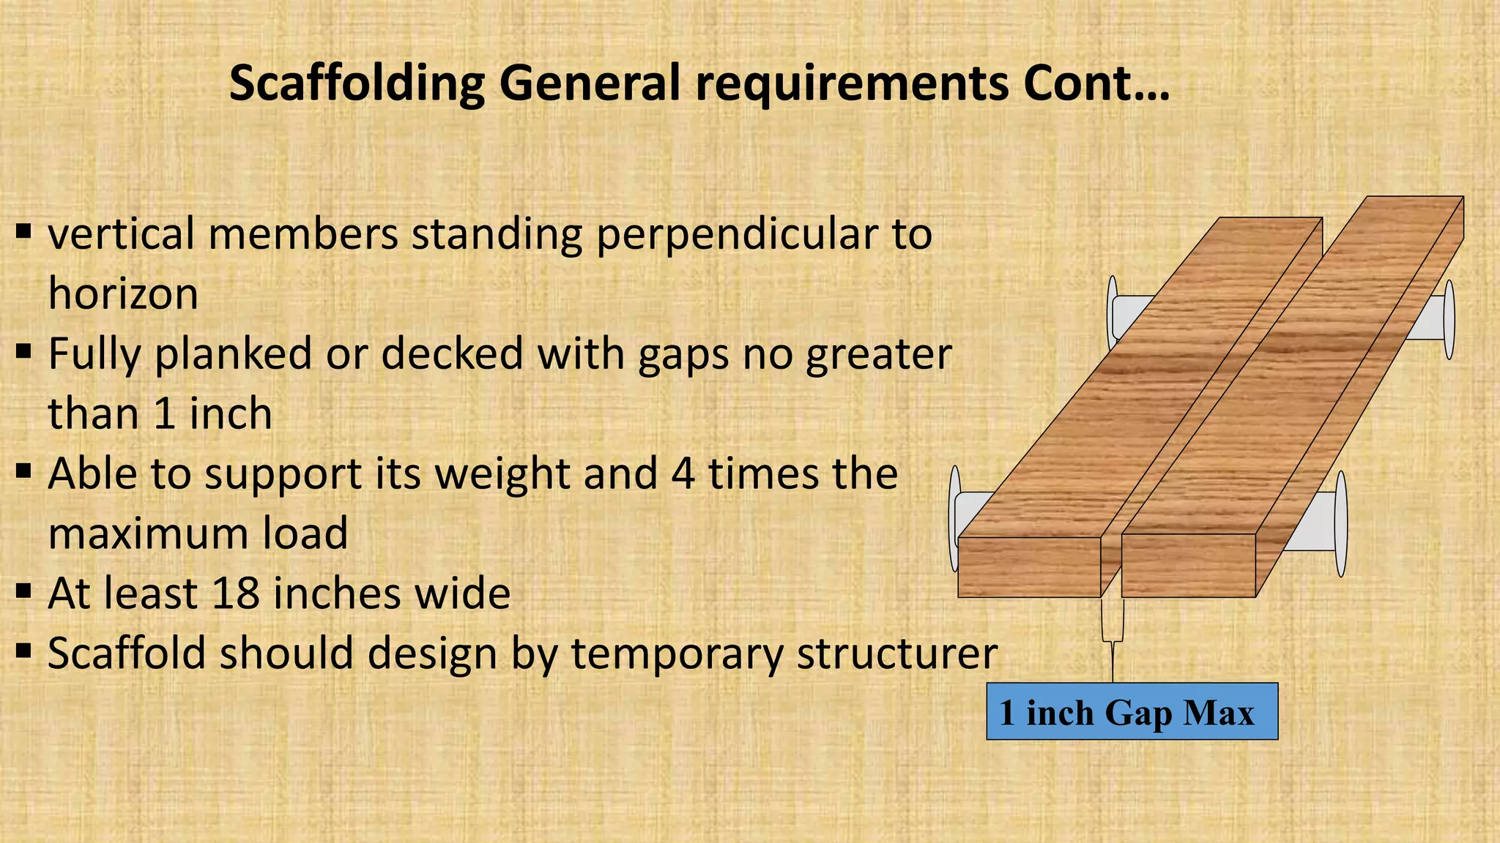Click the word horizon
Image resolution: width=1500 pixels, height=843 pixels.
tap(123, 294)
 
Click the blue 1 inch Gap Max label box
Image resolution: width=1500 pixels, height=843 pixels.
tap(1132, 712)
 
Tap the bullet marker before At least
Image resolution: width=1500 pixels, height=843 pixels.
tap(23, 589)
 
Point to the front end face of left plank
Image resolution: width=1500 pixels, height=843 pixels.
tap(1028, 567)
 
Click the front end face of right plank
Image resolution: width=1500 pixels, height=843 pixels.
tap(1188, 566)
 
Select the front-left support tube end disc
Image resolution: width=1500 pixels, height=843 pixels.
tap(954, 520)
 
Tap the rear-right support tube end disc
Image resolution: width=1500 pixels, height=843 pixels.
tap(1448, 320)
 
